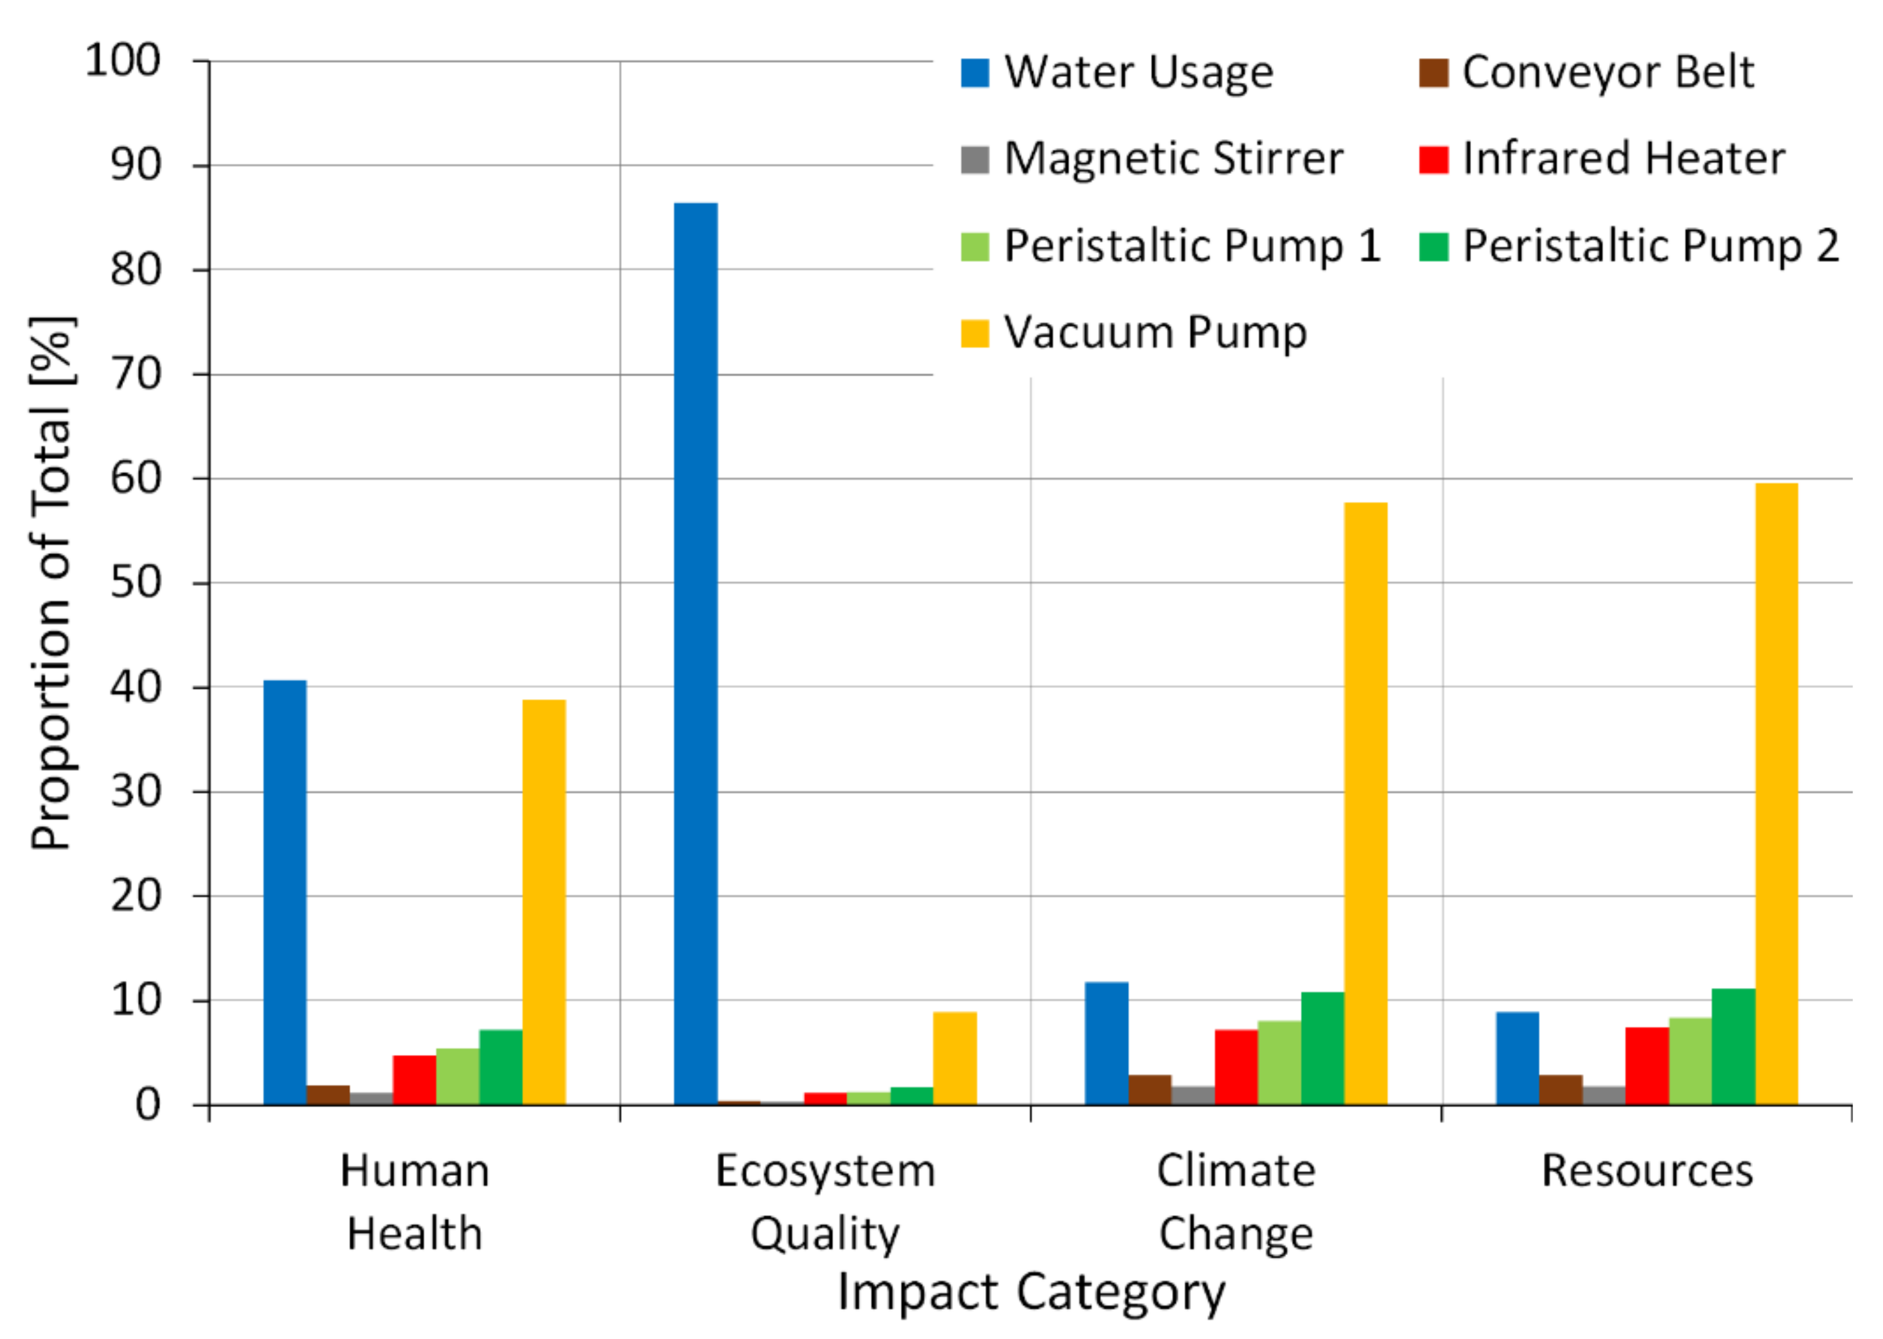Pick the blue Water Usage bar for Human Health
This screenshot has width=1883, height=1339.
click(x=285, y=892)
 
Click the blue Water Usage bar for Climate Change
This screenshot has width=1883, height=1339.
click(x=1107, y=1043)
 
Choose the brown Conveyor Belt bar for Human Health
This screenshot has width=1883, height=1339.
click(x=328, y=1096)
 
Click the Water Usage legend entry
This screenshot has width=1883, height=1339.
click(x=1117, y=73)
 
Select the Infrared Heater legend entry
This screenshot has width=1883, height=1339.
click(x=1602, y=159)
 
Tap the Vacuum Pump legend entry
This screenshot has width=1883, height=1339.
click(x=1134, y=333)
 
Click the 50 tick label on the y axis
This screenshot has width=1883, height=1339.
click(x=135, y=583)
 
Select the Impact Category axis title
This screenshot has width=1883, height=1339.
click(x=1031, y=1292)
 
